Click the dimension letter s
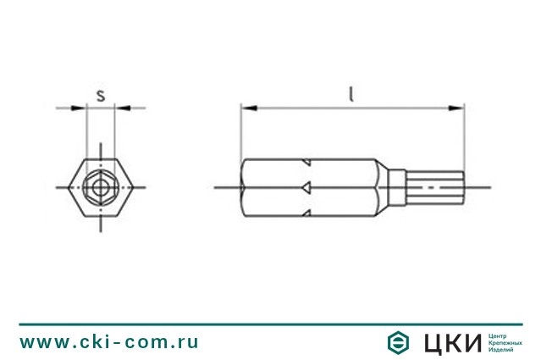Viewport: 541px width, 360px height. click(101, 95)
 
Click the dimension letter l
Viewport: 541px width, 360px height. click(351, 93)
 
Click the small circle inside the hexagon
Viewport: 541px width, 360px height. click(101, 186)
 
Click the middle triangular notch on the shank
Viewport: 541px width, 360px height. click(307, 186)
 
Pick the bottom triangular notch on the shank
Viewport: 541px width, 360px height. click(307, 211)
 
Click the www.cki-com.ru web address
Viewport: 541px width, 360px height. click(109, 342)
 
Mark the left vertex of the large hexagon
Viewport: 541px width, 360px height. click(68, 186)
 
